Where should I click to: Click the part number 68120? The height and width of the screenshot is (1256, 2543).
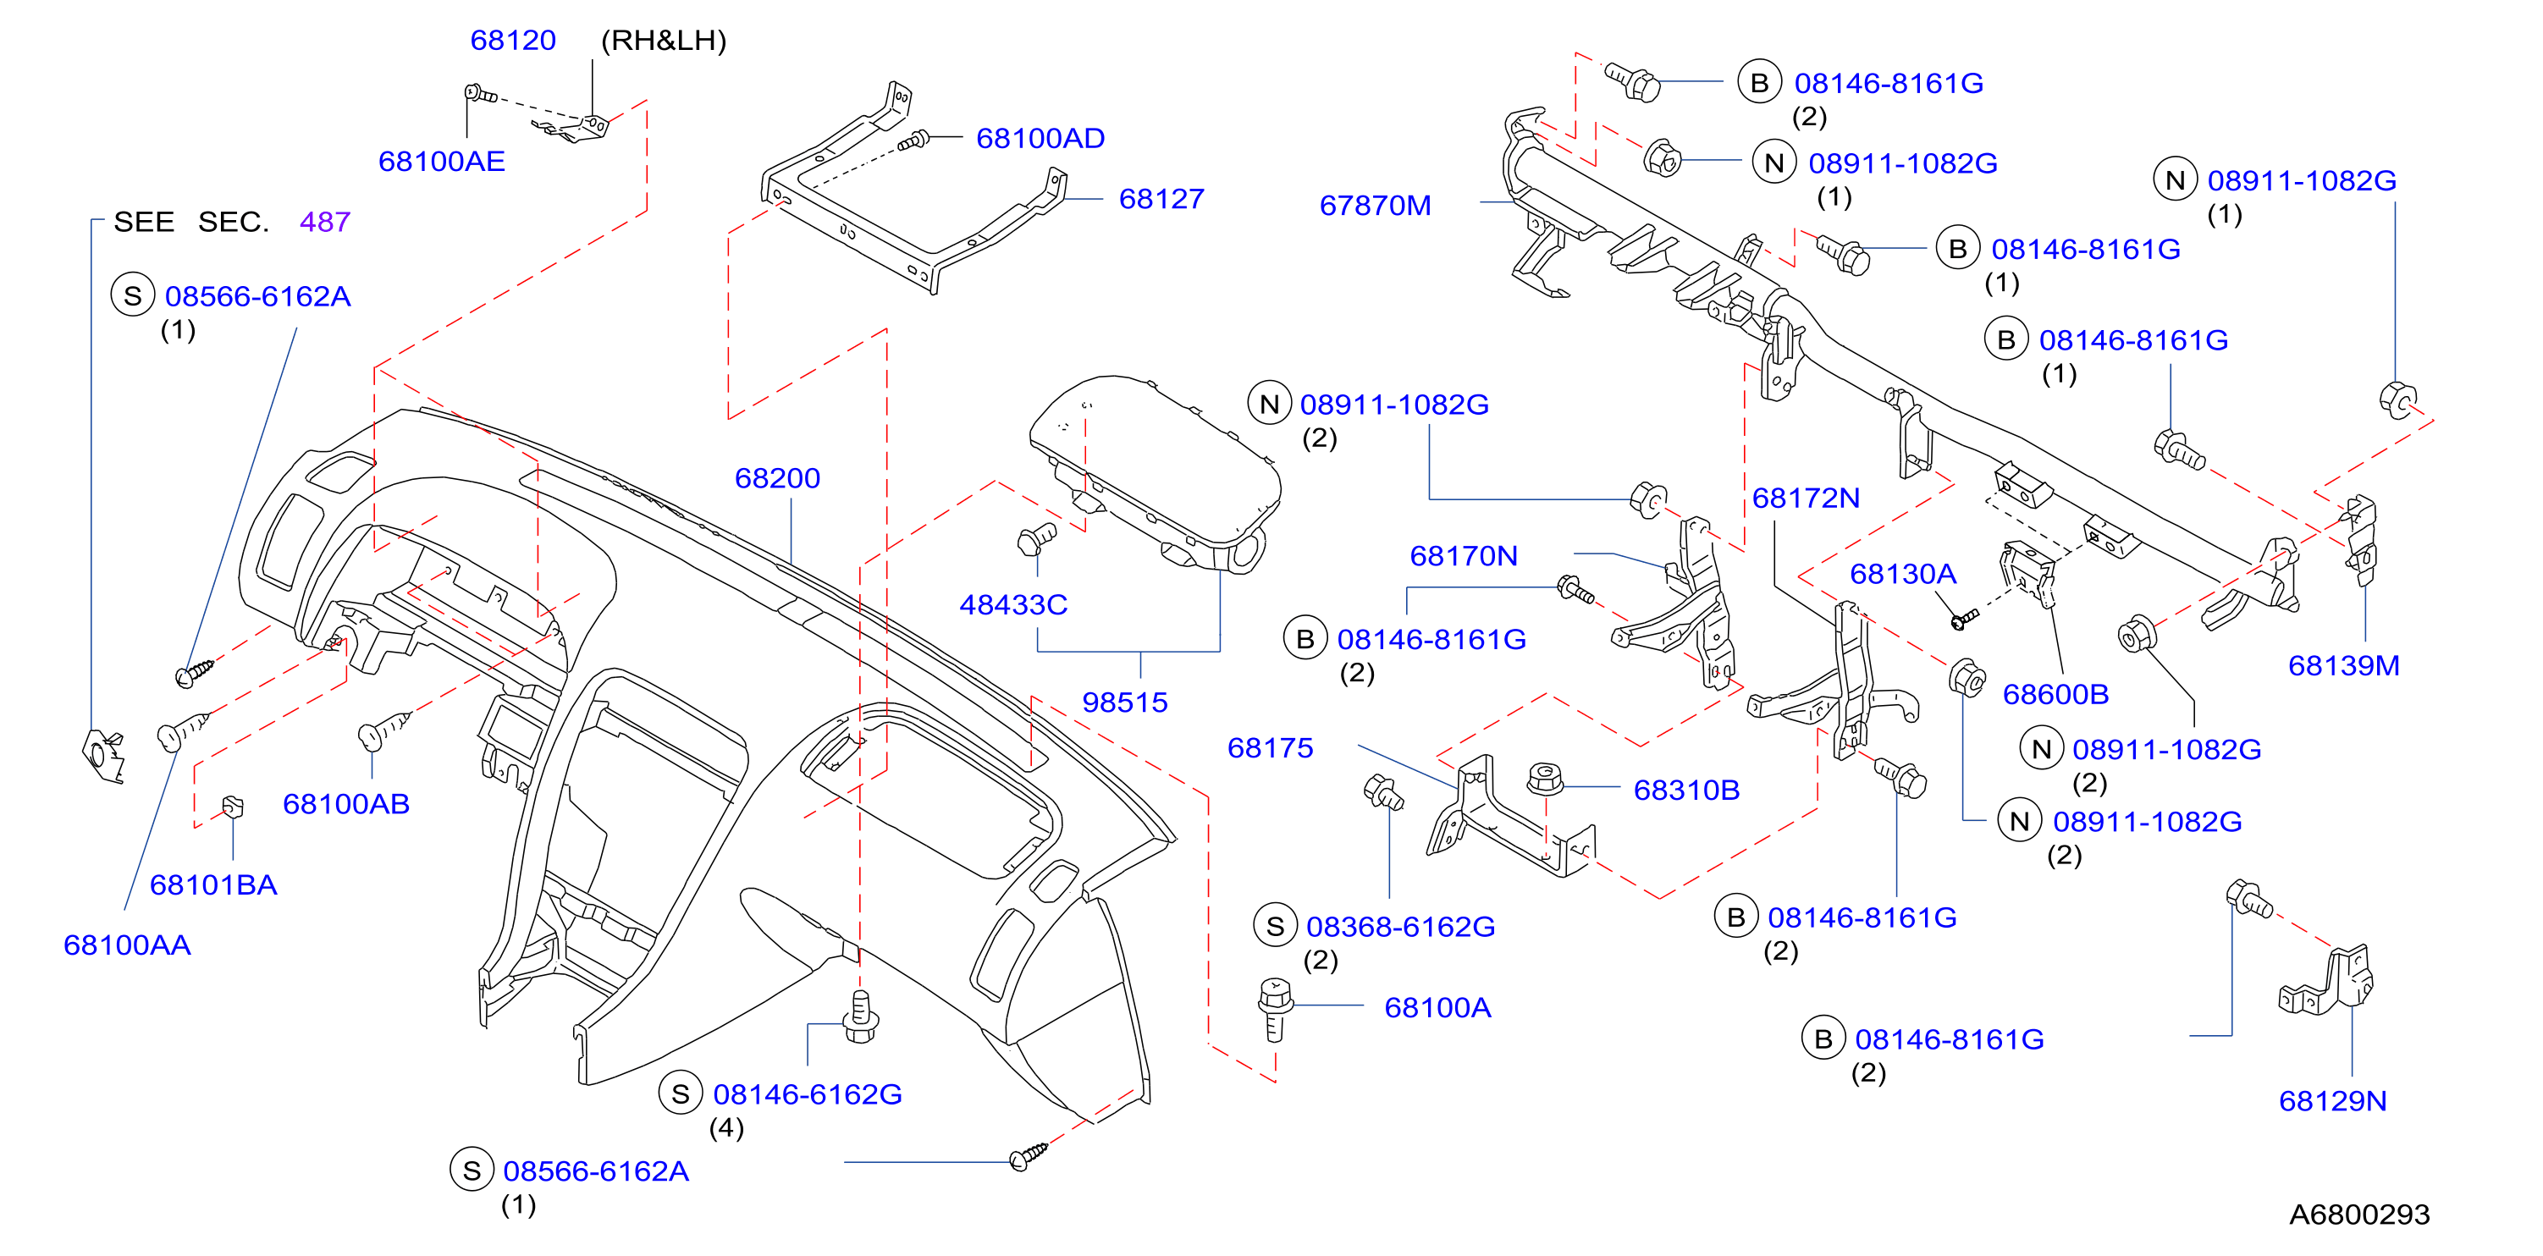click(512, 41)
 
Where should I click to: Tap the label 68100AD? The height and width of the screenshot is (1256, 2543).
click(1040, 138)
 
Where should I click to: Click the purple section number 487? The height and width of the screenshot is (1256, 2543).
click(325, 222)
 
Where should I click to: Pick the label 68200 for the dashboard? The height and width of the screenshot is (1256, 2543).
click(777, 478)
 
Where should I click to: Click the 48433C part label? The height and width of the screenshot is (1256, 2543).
click(1014, 605)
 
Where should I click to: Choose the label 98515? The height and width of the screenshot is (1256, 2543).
click(1124, 702)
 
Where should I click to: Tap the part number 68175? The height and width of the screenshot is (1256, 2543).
click(1270, 748)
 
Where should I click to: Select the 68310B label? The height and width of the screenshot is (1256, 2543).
click(1686, 791)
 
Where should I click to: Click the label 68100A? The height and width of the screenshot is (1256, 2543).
click(1437, 1007)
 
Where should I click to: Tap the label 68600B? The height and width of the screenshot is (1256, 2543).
click(2055, 695)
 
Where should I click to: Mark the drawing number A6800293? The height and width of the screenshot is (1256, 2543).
click(2359, 1215)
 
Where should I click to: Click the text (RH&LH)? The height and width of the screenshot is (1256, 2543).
click(664, 41)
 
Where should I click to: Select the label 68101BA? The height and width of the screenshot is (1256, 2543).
click(213, 885)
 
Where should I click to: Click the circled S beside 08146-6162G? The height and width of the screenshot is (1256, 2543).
click(680, 1094)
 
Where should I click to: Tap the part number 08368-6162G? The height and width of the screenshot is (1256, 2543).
click(1400, 927)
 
